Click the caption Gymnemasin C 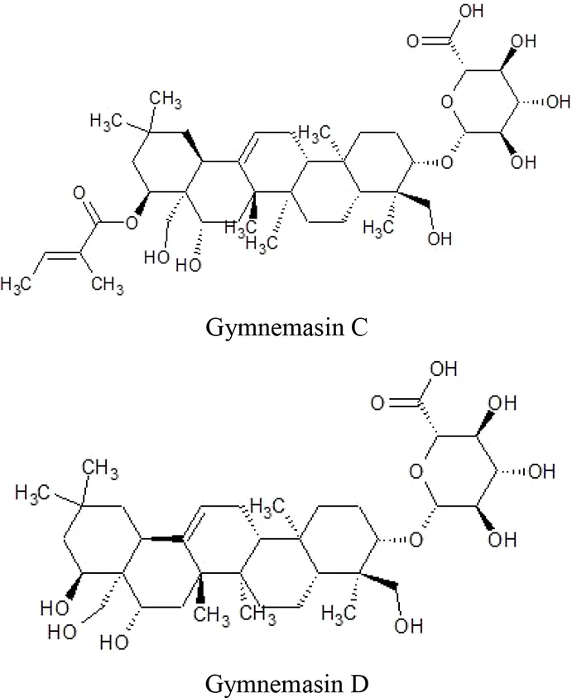coord(286,328)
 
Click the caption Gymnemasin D coord(286,683)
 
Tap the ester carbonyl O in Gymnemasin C coord(79,194)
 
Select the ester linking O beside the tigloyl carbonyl coord(131,223)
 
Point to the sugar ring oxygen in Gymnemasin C coord(447,102)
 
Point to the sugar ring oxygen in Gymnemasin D coord(416,471)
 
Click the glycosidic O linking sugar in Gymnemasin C coord(447,162)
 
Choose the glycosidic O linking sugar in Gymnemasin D coord(416,540)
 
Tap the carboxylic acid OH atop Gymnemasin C coord(471,11)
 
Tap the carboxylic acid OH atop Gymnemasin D coord(444,369)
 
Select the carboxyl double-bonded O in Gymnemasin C coord(413,41)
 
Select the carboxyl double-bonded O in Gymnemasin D coord(377,403)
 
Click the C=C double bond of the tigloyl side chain coord(62,256)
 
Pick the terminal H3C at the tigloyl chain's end coord(16,284)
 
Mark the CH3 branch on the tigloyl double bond coord(108,286)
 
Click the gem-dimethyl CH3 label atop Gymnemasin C coord(166,99)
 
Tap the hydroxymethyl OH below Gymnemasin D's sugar coord(408,626)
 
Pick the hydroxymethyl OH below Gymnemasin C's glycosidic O coord(440,238)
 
